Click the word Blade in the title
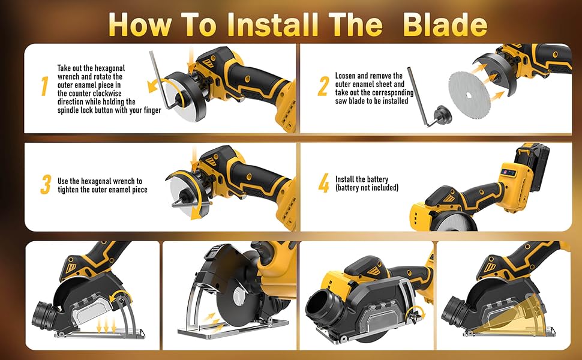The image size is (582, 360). (x=445, y=25)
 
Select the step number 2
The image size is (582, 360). (x=323, y=86)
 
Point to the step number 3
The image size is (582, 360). (x=46, y=185)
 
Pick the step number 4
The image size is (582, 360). (x=323, y=182)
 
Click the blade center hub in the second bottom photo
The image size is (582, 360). (x=236, y=297)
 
